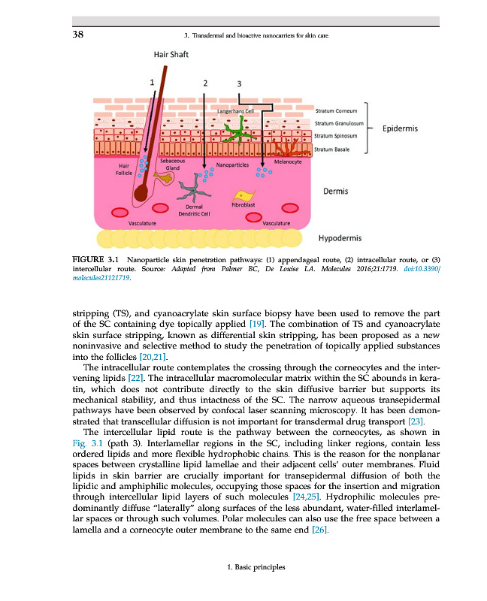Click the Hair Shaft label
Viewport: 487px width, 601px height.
tap(171, 54)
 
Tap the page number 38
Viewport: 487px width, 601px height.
tap(78, 34)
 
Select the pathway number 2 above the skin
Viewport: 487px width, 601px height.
tap(205, 83)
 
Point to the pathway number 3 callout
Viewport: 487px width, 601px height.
tap(239, 83)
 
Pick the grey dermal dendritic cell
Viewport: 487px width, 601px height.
tap(194, 189)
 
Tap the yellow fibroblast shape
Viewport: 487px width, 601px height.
tap(243, 195)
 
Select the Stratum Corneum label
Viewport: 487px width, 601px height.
tap(336, 110)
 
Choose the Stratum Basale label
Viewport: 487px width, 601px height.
tap(331, 149)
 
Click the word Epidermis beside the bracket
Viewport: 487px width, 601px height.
tap(400, 128)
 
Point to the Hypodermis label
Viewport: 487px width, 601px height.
tap(340, 238)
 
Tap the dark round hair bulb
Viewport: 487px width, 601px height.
tap(141, 194)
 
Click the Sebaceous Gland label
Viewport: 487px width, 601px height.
tap(173, 165)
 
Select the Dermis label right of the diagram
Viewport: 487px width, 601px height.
tap(335, 191)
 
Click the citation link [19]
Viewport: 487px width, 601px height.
tap(257, 324)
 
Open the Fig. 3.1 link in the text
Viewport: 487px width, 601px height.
tap(88, 443)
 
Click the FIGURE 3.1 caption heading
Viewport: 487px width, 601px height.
tap(95, 259)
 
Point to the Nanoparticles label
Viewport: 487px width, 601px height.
tap(232, 165)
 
